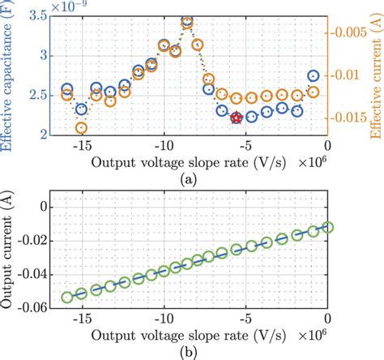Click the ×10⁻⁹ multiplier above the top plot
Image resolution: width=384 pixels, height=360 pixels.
[71, 6]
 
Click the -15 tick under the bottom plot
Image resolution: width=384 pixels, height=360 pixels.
[80, 317]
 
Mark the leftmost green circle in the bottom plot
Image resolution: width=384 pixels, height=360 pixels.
[67, 298]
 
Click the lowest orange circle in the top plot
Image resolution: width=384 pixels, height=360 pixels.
[81, 128]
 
